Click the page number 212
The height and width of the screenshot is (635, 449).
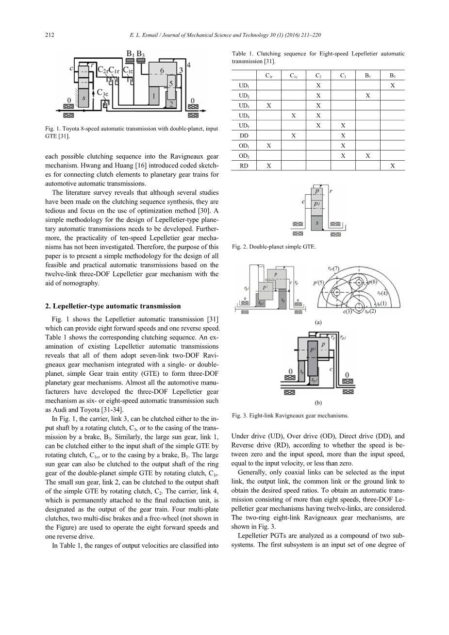[49, 35]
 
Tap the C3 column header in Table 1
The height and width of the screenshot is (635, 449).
[343, 75]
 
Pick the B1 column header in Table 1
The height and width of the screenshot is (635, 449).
[367, 75]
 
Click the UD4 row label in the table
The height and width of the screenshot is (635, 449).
[244, 116]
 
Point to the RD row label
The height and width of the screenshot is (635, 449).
[244, 166]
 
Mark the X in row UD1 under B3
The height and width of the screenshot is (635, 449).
[392, 85]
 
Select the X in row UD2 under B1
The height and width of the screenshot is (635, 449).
[367, 96]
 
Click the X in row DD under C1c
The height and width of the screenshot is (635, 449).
[293, 136]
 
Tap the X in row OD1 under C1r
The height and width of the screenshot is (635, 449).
[268, 146]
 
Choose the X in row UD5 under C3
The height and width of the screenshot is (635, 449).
[343, 126]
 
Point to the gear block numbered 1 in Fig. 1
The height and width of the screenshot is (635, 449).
[153, 97]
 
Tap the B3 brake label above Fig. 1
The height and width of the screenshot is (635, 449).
[141, 53]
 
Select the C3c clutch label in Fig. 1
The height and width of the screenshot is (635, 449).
[103, 92]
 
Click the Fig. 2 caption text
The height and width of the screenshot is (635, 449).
[274, 247]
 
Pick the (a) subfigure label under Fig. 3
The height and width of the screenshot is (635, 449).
[318, 322]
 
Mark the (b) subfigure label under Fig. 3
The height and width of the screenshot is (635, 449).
[318, 402]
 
